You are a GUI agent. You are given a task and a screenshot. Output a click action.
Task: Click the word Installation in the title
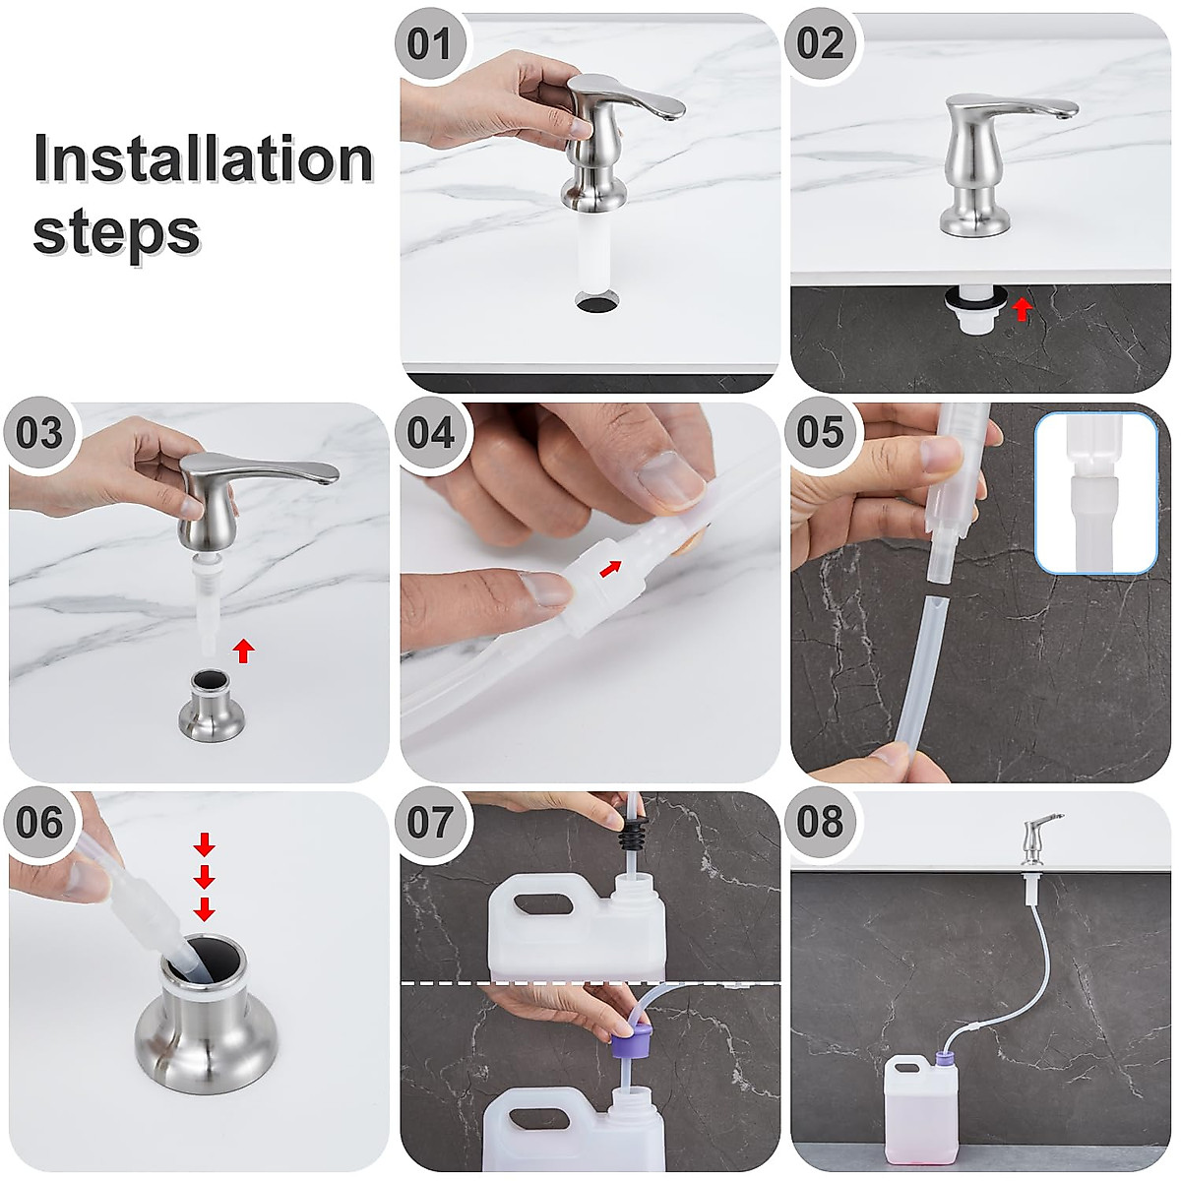coord(204,158)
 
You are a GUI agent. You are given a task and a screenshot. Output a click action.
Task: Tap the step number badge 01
coord(428,44)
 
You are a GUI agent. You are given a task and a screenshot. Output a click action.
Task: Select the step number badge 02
coord(820,44)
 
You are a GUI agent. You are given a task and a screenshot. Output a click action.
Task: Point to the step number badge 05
coord(820,432)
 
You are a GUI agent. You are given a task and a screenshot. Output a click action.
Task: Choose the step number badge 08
coord(820,821)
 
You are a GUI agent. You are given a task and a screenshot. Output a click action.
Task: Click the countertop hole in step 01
coord(597,301)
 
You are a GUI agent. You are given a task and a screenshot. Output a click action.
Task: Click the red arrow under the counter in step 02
coord(1022,309)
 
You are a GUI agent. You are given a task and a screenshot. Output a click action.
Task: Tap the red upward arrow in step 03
coord(244,651)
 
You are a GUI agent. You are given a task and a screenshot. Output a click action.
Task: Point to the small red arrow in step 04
coord(609,569)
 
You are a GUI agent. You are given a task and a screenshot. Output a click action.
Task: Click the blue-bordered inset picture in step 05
coord(1095,493)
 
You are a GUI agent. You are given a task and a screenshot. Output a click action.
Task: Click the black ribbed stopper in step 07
coord(633,831)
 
